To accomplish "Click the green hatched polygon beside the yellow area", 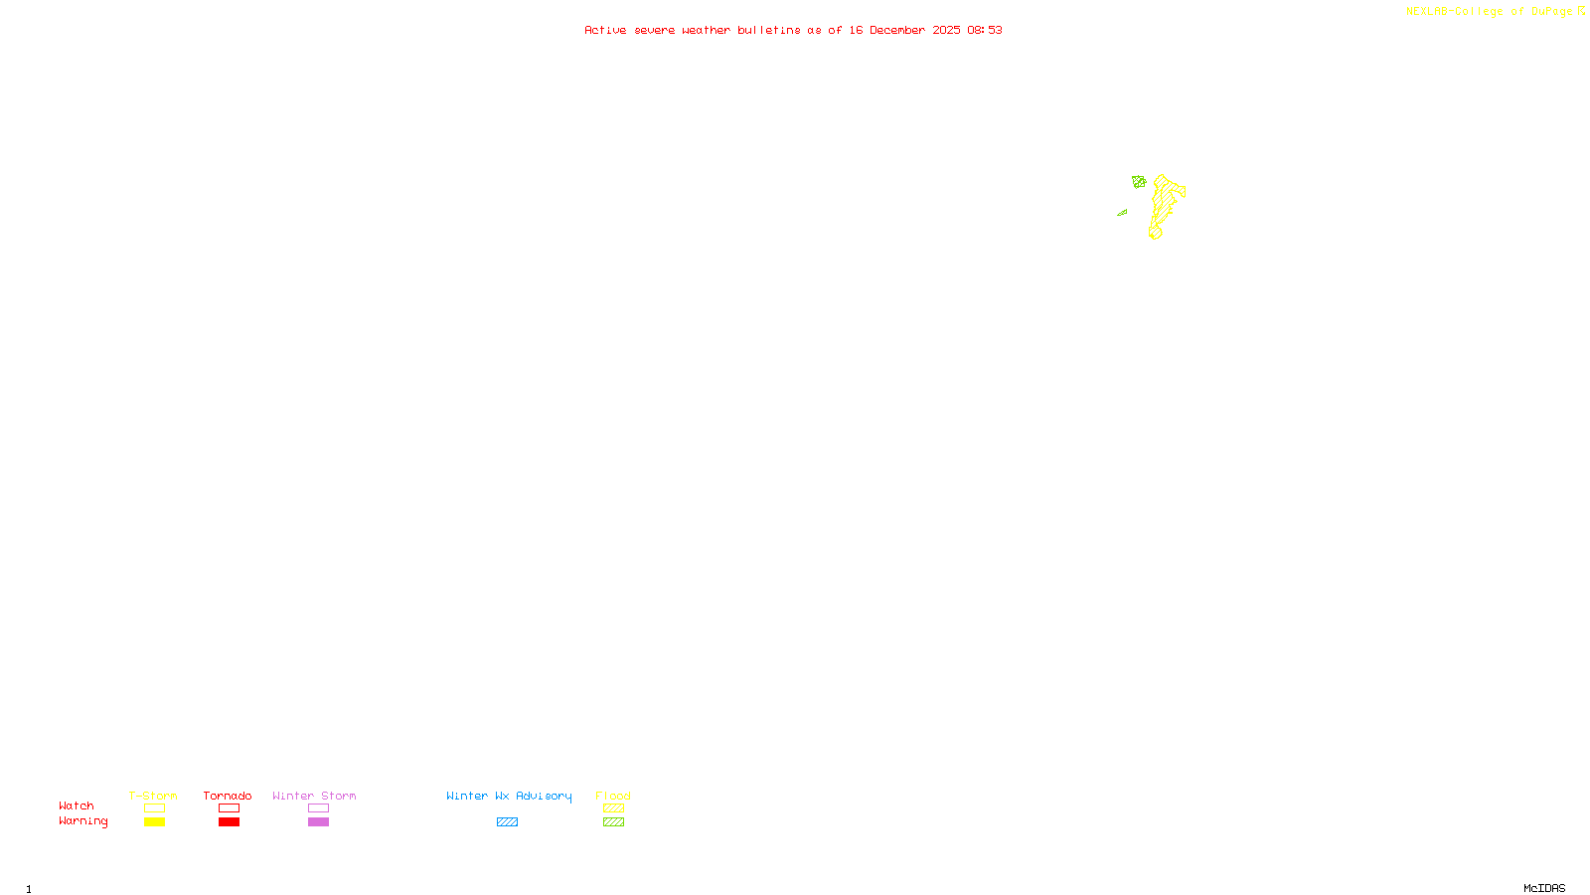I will [1139, 182].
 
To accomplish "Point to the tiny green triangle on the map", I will [1122, 212].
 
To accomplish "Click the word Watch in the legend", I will [77, 806].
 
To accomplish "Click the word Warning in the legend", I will [82, 821].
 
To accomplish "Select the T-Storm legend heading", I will [153, 796].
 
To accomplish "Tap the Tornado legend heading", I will [228, 796].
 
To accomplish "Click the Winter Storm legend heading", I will [314, 796].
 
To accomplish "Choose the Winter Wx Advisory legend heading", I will [509, 796].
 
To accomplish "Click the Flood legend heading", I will [613, 796].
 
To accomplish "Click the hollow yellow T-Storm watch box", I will [154, 808].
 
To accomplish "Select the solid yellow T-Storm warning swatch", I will [154, 822].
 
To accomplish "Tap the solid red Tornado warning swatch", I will [229, 822].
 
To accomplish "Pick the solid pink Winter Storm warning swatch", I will [318, 822].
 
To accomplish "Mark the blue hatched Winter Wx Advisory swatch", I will [507, 822].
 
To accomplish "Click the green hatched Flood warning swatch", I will [613, 822].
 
